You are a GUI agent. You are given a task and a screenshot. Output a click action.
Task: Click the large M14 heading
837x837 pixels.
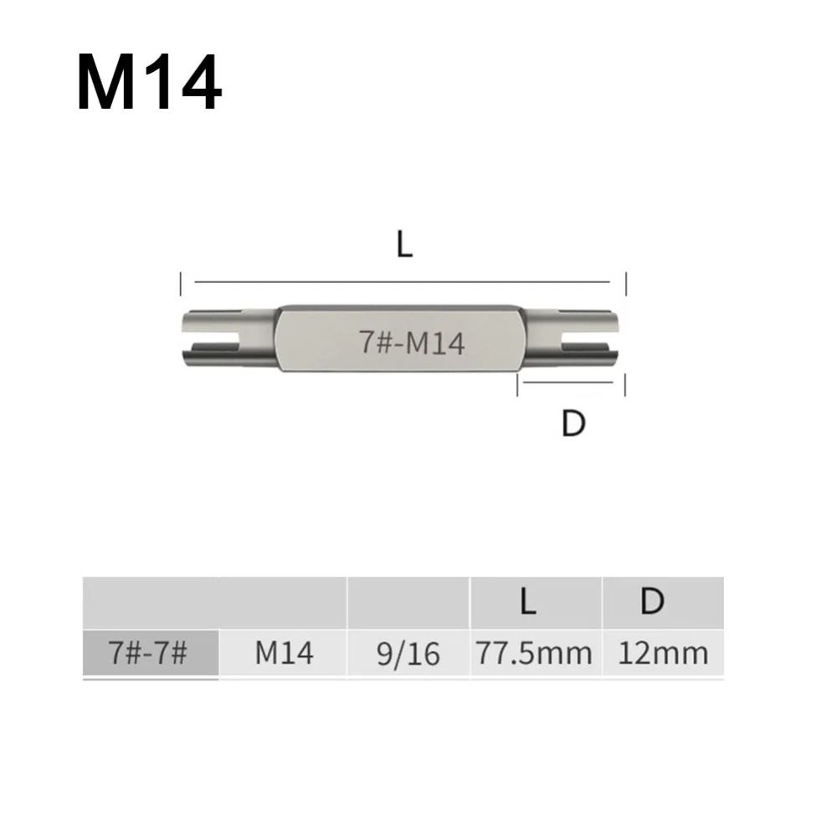(149, 84)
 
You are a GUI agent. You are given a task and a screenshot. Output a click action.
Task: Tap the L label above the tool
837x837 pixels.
(405, 244)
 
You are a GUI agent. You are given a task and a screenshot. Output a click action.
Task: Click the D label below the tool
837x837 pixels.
(573, 424)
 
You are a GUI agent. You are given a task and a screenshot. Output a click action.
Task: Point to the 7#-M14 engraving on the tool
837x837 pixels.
(411, 343)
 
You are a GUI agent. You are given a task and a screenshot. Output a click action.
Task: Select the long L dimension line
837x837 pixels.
(403, 284)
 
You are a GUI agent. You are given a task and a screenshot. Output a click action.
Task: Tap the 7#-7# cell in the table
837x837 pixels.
(151, 653)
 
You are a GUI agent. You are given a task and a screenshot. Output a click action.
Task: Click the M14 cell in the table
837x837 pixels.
(284, 653)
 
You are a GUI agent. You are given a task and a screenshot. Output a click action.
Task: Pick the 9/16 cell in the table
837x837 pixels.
(408, 653)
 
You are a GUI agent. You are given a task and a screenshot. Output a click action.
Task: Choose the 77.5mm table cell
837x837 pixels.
(534, 653)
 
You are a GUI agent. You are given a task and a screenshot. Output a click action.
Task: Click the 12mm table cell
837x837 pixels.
(662, 653)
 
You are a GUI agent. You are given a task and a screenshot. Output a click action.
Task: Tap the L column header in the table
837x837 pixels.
(527, 603)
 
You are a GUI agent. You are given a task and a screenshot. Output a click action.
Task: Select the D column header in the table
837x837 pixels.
(652, 603)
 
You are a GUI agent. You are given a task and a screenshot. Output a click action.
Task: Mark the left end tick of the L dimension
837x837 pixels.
(181, 284)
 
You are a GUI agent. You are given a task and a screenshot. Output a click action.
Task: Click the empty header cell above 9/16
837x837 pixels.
(408, 603)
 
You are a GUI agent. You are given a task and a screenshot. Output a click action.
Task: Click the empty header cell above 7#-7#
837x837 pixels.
(151, 603)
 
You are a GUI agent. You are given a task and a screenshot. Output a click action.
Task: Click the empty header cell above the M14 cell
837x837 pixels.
(284, 603)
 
